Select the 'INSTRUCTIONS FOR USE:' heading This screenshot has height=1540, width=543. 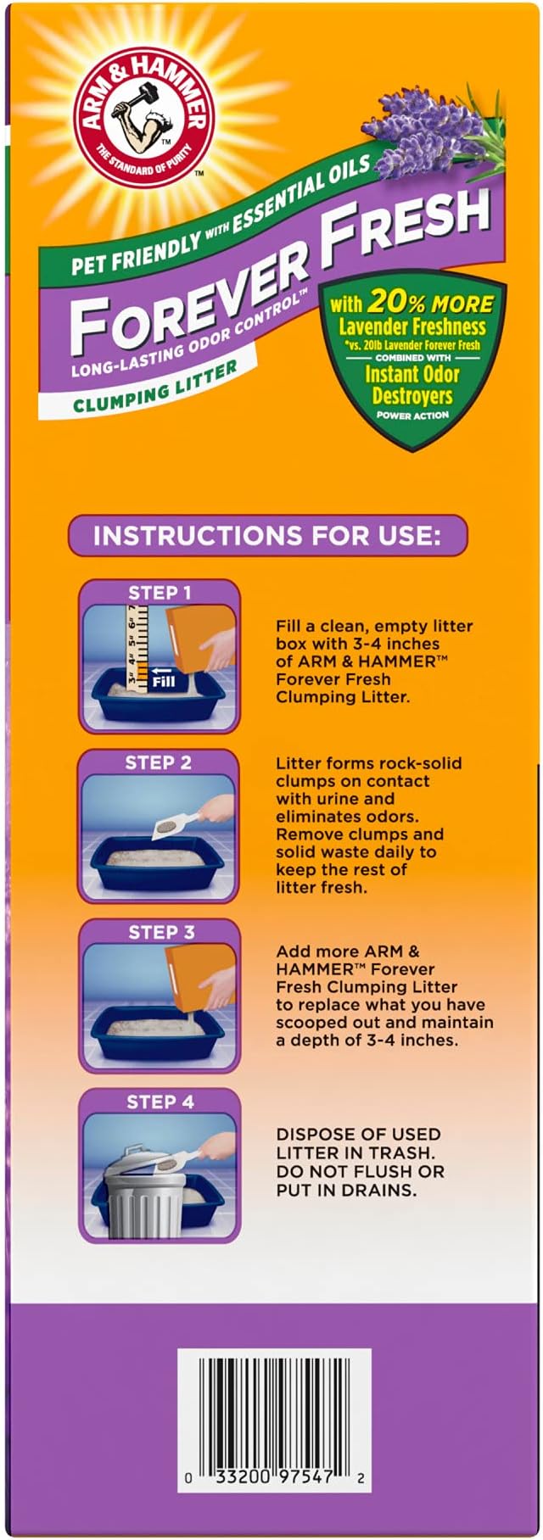[x=267, y=536]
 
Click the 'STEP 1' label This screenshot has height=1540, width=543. [x=160, y=593]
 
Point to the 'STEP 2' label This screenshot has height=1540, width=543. [x=159, y=762]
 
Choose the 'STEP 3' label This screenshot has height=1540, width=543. [x=161, y=932]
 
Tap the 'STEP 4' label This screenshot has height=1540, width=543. [x=160, y=1102]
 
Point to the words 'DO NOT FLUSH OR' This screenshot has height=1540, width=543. [x=360, y=1172]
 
